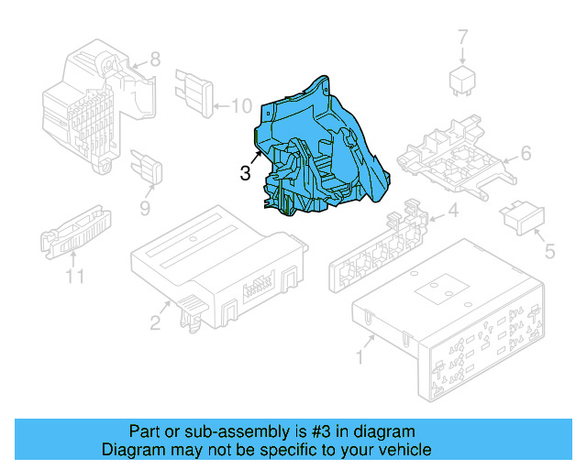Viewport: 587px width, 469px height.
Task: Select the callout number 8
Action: pyautogui.click(x=155, y=60)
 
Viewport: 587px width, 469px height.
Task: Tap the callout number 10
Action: pyautogui.click(x=240, y=107)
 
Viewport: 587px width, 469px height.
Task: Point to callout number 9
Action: pyautogui.click(x=144, y=210)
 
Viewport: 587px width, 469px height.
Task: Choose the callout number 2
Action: pyautogui.click(x=155, y=322)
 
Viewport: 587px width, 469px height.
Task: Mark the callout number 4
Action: pyautogui.click(x=452, y=213)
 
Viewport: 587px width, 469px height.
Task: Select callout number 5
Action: pyautogui.click(x=550, y=249)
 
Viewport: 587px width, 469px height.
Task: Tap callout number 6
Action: pyautogui.click(x=526, y=153)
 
